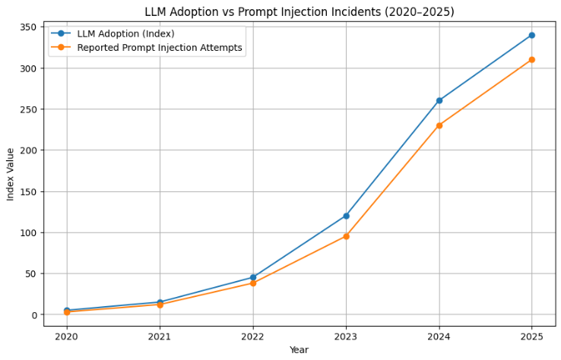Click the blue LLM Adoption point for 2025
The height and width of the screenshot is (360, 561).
tap(531, 35)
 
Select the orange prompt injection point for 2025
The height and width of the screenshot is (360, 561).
tap(531, 59)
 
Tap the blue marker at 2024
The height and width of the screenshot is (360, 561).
tap(439, 100)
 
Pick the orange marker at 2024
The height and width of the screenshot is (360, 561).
tap(439, 125)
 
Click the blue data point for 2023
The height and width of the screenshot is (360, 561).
tap(346, 216)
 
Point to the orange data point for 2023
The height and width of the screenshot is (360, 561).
tap(346, 236)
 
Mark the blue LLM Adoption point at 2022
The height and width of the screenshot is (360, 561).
tap(253, 277)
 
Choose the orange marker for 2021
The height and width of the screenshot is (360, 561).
tap(160, 305)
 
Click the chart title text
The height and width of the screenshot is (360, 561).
tap(299, 11)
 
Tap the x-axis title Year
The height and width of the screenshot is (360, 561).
tap(299, 349)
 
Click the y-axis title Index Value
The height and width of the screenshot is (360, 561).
tap(11, 175)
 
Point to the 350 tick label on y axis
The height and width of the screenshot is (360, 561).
tap(29, 27)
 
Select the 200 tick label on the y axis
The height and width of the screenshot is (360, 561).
tap(29, 150)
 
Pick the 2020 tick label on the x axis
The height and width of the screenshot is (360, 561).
tap(67, 336)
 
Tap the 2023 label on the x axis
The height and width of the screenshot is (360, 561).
tap(346, 336)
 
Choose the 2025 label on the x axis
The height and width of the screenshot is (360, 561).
tap(531, 336)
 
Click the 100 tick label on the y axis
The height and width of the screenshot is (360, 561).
tap(29, 232)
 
